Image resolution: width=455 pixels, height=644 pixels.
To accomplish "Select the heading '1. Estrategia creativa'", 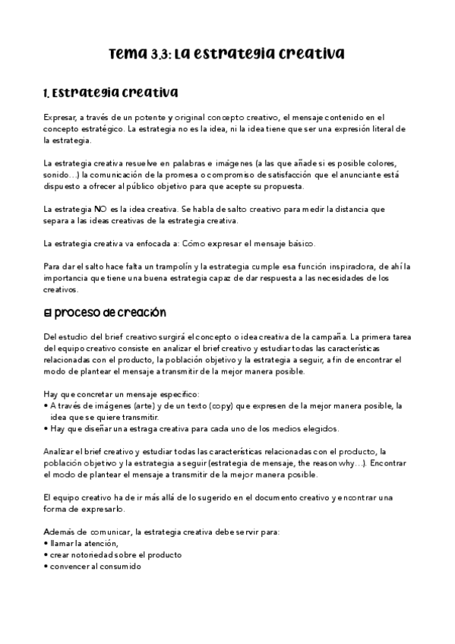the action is click(x=110, y=93).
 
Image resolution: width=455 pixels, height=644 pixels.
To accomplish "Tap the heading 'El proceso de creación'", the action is click(x=105, y=312).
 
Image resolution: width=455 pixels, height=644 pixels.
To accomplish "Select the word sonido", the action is click(x=57, y=175).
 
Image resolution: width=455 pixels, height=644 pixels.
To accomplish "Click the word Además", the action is click(x=60, y=532).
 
